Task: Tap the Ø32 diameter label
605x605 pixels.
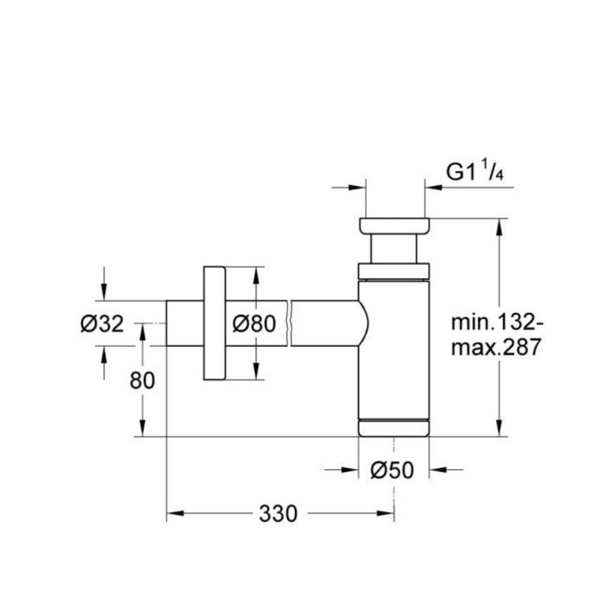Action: coord(102,324)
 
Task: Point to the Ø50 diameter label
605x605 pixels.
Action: coord(393,470)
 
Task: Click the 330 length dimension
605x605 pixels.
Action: coord(278,514)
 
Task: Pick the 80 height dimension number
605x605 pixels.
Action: coord(143,380)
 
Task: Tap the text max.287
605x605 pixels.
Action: coord(496,347)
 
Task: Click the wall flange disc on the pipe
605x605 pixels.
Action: coord(213,324)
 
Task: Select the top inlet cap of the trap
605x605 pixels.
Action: coord(394,225)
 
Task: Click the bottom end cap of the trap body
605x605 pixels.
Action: coord(394,428)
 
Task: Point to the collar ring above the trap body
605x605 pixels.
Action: coord(394,271)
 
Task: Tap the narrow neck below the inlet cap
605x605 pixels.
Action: coord(394,248)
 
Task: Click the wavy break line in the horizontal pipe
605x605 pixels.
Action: coord(289,324)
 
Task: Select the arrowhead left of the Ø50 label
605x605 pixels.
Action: coord(350,470)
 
